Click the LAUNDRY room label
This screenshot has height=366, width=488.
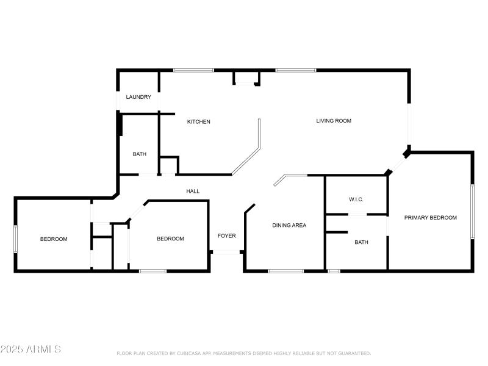(x=138, y=97)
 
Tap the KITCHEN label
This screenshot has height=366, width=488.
(x=198, y=122)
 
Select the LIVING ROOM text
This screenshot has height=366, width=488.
(x=334, y=121)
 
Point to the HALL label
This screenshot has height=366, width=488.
(x=193, y=192)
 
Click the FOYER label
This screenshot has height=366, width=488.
(x=227, y=236)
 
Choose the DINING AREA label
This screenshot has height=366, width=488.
(x=289, y=226)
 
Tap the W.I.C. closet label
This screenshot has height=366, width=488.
(x=356, y=199)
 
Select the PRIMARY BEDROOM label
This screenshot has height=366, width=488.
(x=431, y=218)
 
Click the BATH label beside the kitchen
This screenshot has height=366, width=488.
(x=140, y=154)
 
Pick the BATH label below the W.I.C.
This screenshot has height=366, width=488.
(x=362, y=243)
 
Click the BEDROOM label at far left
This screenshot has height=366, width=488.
(x=54, y=239)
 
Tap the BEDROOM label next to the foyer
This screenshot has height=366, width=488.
(x=170, y=239)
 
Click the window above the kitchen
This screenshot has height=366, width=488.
(x=193, y=71)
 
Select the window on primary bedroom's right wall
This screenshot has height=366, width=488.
(x=472, y=212)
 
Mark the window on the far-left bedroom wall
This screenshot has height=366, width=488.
(x=16, y=239)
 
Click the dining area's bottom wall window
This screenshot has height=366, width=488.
(x=285, y=270)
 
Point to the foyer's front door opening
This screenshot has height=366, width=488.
(x=226, y=252)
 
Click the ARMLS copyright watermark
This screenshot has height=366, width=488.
(x=30, y=350)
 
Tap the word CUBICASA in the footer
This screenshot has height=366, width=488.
(x=193, y=353)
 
